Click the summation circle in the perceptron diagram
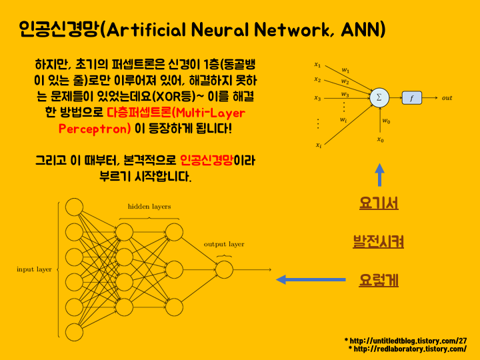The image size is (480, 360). point(379,98)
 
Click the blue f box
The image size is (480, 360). point(411,98)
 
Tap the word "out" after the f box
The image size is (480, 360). point(447,98)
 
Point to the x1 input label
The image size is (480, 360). point(318,65)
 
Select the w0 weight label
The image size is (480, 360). point(386,121)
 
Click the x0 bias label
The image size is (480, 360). point(380,140)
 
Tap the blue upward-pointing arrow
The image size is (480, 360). point(379,175)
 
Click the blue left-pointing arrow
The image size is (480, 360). point(299,280)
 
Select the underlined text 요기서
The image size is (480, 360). point(379,204)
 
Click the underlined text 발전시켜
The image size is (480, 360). point(379,241)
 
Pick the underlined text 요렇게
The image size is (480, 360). point(379,280)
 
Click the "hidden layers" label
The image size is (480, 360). point(149,207)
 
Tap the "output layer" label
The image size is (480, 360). point(224,245)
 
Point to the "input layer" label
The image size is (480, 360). point(35,269)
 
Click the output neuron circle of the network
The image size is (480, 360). point(224,269)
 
